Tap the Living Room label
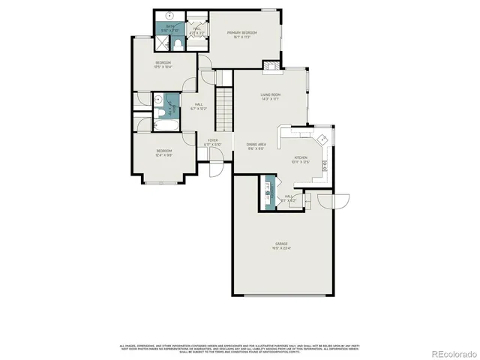[x=270, y=96]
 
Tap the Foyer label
[x=213, y=142]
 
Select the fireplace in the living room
[x=275, y=65]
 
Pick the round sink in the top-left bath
[x=169, y=16]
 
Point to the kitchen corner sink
[x=320, y=138]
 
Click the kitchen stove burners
[x=324, y=164]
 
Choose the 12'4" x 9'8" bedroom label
[x=164, y=154]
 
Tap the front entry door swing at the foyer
[x=215, y=166]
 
